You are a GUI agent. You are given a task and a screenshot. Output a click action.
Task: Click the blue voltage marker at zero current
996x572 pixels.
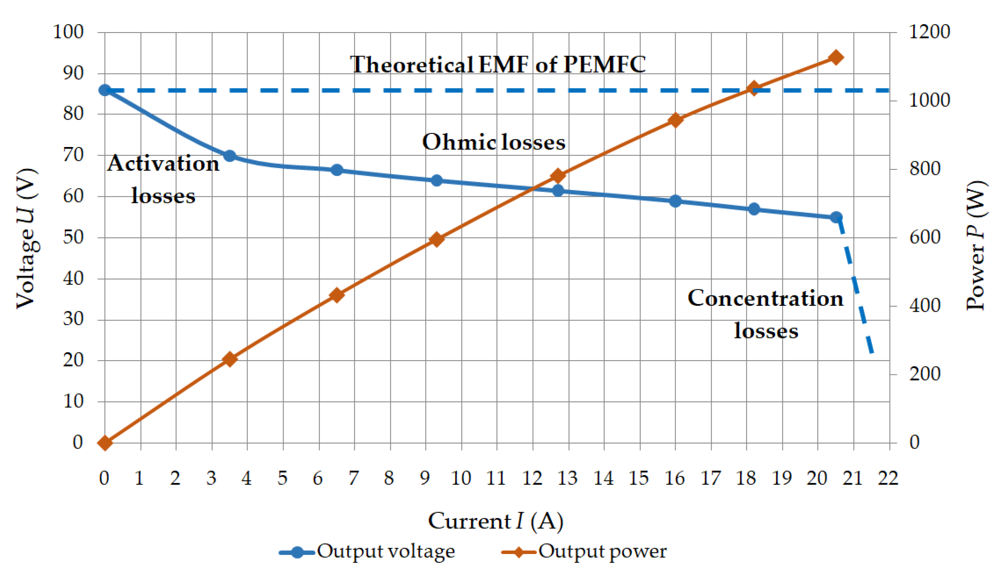point(105,90)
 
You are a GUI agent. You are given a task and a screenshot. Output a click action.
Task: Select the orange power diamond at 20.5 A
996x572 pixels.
point(836,57)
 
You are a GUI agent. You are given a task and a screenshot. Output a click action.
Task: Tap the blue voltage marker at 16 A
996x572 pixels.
point(675,201)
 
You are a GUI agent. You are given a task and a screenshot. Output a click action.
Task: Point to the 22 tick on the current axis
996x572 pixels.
point(888,478)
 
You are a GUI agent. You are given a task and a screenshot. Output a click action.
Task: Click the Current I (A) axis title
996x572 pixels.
point(495,522)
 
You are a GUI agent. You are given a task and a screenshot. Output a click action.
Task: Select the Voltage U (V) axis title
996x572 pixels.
point(27,238)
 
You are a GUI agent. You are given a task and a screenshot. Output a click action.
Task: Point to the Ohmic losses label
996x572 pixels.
point(493,142)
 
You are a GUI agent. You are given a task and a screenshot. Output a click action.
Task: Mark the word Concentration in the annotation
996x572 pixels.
point(765,298)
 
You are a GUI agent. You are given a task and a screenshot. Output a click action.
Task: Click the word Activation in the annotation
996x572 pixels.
point(163,164)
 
